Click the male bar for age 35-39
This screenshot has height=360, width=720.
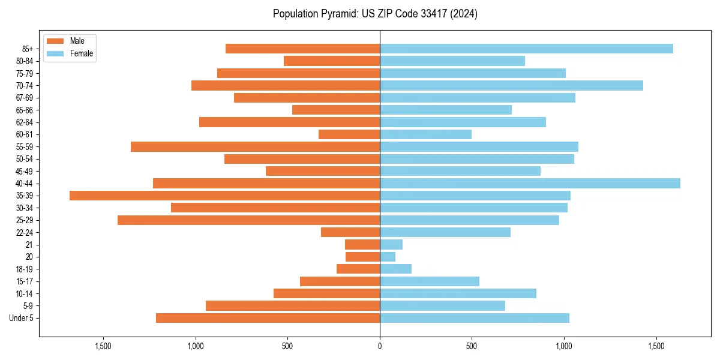point(224,196)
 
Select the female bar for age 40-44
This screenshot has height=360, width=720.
point(530,184)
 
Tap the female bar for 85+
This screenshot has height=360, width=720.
point(526,49)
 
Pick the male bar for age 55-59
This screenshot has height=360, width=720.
point(255,146)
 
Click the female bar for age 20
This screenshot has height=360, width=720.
point(388,257)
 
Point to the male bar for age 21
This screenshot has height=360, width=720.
point(362,245)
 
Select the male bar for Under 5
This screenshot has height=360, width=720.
point(268,318)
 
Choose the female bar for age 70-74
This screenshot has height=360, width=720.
point(511,85)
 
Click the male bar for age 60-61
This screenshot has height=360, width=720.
point(349,134)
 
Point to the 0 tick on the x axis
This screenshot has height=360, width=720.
point(380,346)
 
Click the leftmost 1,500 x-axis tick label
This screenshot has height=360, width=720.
point(103,346)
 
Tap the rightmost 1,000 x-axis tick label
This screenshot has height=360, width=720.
point(564,346)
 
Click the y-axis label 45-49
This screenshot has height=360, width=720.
point(25,171)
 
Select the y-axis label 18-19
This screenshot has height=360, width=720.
point(25,269)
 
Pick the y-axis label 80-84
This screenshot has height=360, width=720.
point(25,61)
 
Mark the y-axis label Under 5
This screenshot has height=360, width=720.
point(22,318)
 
